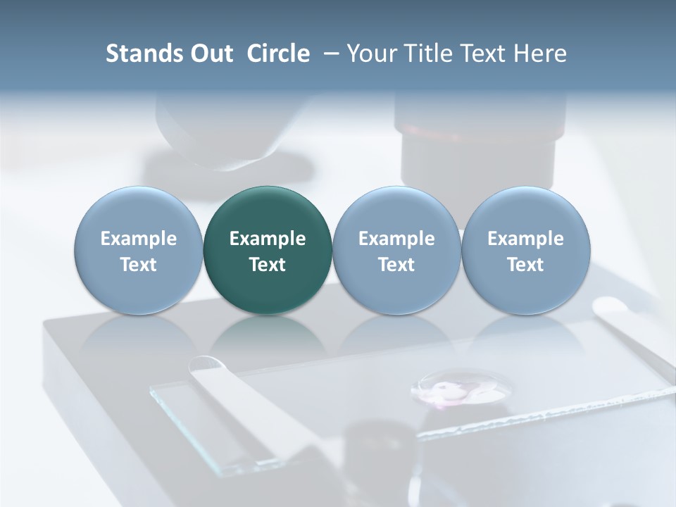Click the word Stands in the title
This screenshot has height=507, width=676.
pos(141,54)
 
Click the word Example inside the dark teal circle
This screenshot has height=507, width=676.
pos(268,239)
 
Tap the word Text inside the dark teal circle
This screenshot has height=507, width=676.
pos(268,265)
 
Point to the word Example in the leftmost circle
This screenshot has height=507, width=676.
pos(139,239)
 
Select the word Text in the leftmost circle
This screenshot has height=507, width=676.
pos(139,265)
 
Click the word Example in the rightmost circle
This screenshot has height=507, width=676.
pos(525,239)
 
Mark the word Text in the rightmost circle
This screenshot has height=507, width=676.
pos(525,265)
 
